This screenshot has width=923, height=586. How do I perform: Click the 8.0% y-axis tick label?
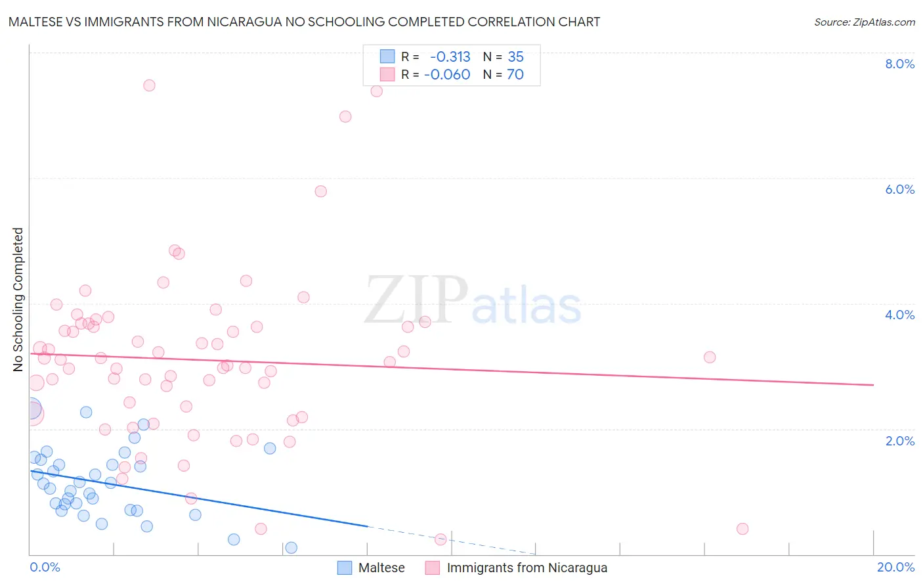899,64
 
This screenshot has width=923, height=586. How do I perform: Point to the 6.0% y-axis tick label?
899,189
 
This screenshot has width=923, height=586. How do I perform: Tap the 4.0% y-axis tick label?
899,315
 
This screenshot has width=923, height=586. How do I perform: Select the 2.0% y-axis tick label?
899,441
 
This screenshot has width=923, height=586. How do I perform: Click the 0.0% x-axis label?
45,567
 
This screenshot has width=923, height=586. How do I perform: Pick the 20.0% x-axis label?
895,567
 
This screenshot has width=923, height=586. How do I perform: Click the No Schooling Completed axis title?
18,300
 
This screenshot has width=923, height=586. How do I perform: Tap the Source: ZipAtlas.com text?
864,22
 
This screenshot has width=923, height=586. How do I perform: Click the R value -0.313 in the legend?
450,56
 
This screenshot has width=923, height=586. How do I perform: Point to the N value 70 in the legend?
515,74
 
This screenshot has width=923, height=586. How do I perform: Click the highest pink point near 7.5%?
149,85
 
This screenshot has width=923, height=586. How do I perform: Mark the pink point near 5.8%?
320,191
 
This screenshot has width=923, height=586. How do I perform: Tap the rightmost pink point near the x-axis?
742,529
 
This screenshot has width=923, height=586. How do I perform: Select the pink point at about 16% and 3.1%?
709,357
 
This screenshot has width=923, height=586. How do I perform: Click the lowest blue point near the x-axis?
291,548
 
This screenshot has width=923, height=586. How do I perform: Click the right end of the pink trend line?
873,385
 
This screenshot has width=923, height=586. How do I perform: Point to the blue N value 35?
516,56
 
